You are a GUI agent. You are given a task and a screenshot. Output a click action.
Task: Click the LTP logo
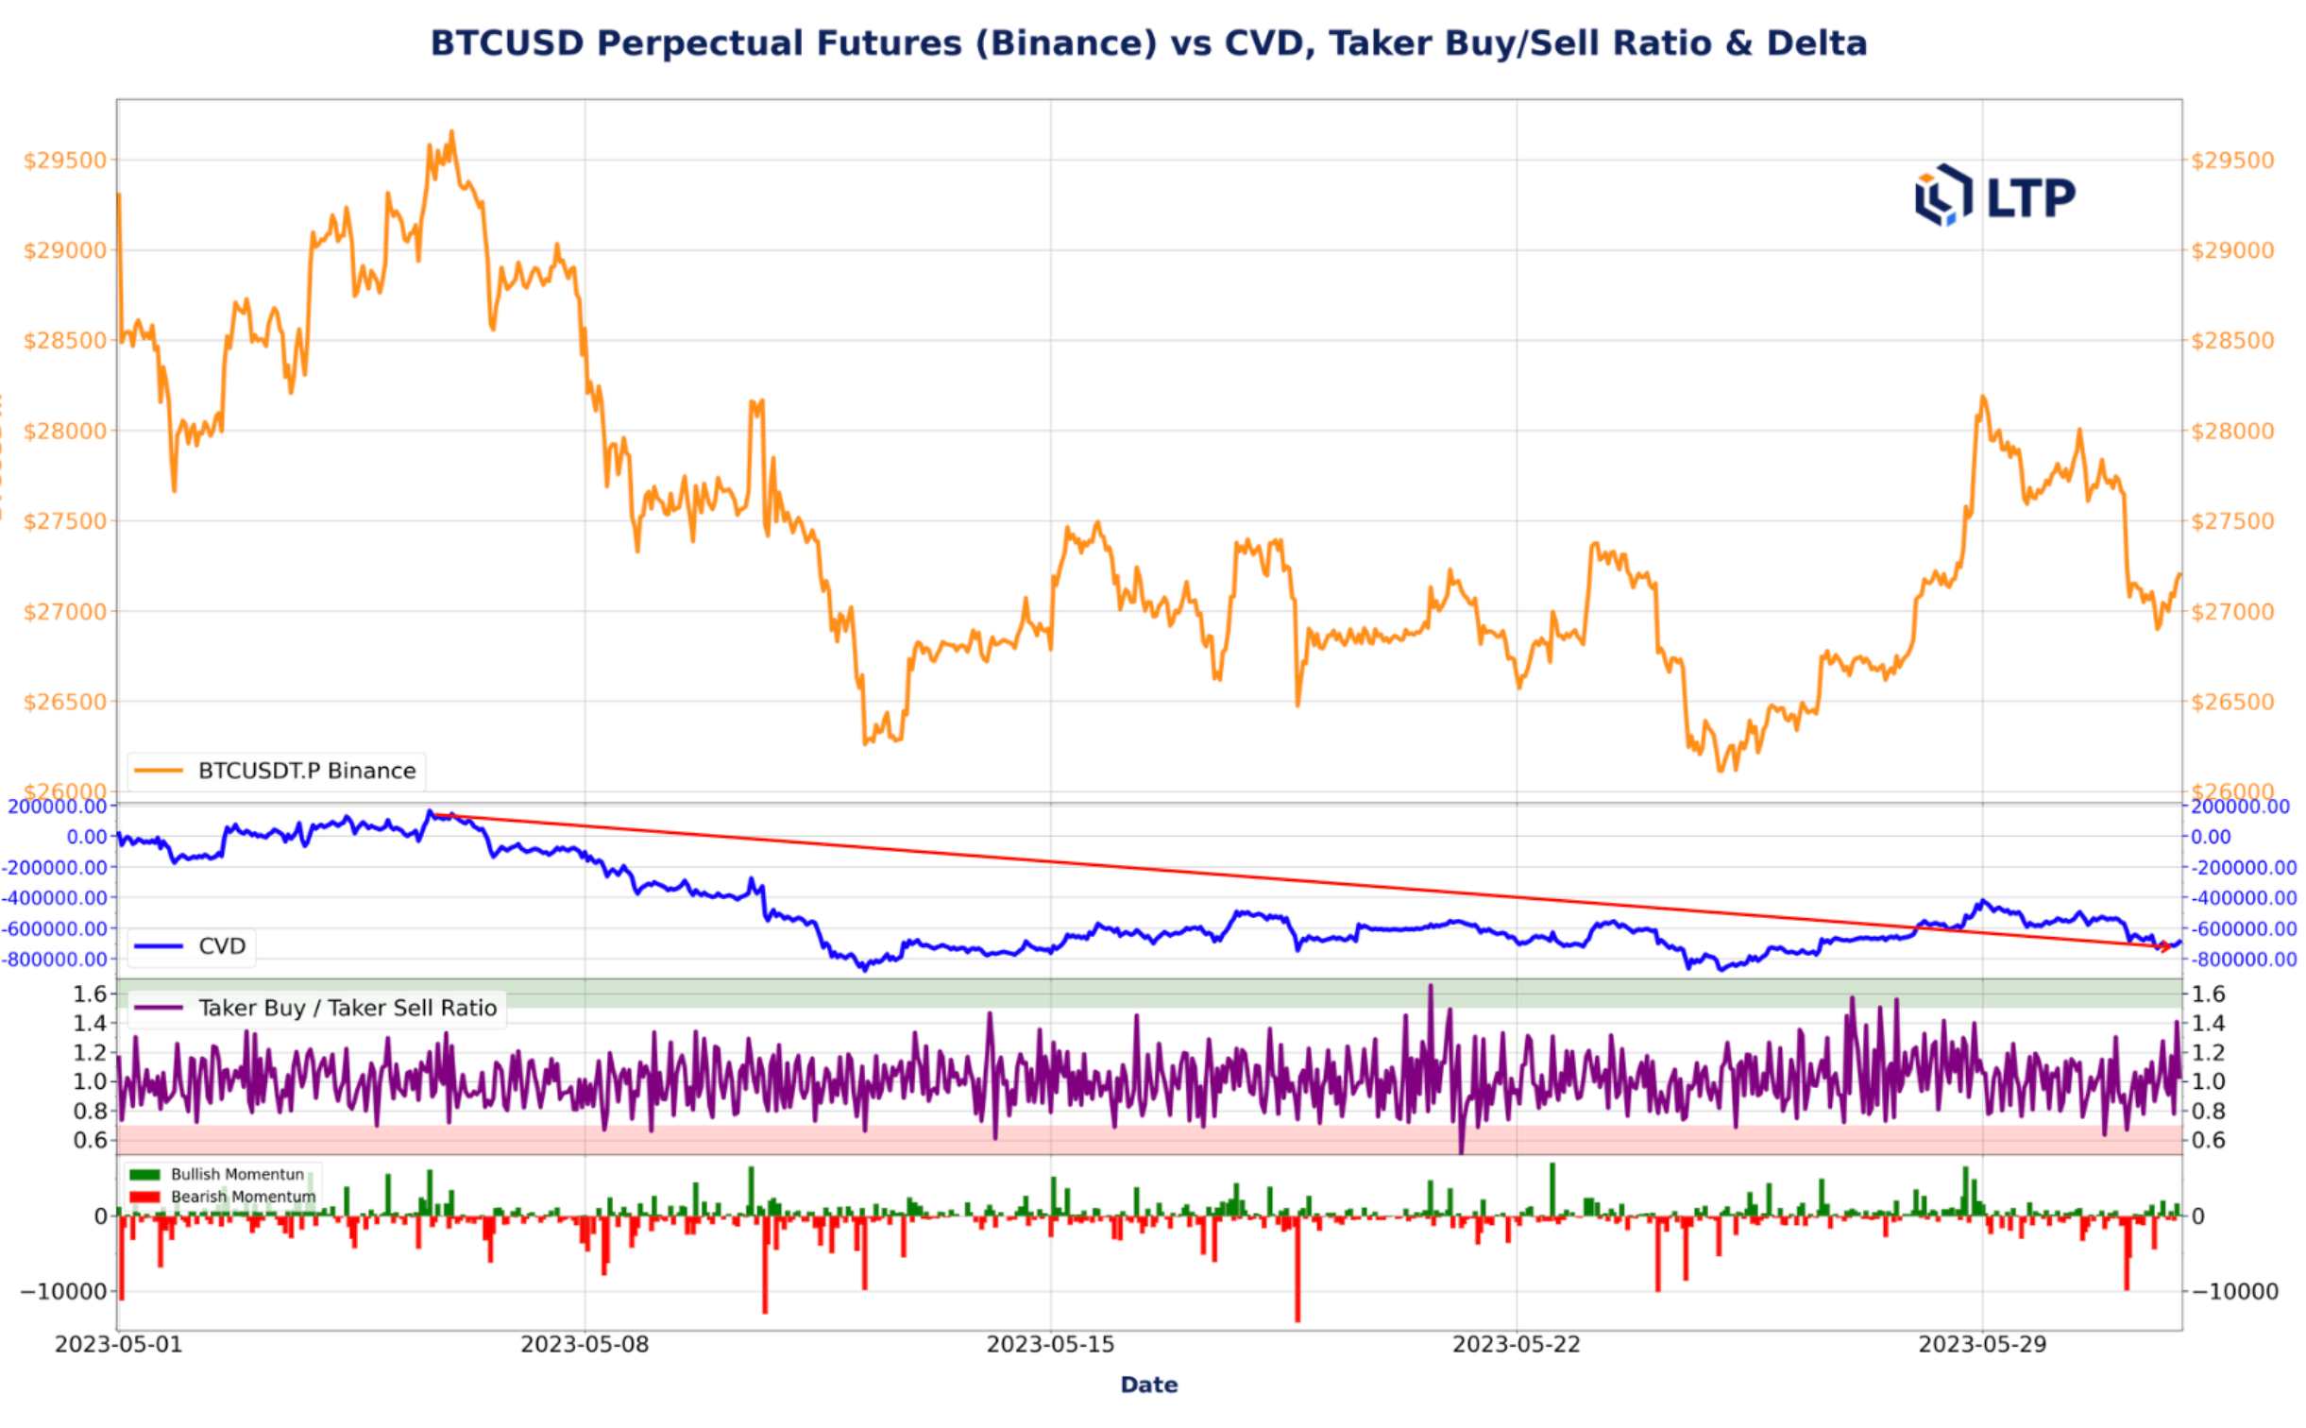point(1993,196)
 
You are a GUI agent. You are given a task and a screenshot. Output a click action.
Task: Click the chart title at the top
point(1148,43)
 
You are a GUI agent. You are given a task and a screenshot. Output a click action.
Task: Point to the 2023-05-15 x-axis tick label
point(1050,1344)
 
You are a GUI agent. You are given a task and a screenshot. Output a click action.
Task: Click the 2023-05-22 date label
point(1516,1344)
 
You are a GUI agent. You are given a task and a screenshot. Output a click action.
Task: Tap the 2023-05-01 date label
point(118,1344)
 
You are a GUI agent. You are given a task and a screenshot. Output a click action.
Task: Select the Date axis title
point(1148,1385)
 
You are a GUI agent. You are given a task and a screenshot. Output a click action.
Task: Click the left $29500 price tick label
point(65,161)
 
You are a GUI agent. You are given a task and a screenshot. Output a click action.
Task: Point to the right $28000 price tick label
point(2232,431)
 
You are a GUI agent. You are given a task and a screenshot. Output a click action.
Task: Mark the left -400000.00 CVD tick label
point(55,897)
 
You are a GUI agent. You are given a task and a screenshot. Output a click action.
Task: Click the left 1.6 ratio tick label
point(90,994)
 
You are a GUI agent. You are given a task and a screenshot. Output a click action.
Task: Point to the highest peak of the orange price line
point(451,132)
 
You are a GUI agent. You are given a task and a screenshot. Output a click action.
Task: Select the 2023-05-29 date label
point(1982,1344)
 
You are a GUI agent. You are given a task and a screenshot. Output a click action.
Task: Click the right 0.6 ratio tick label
point(2208,1140)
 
